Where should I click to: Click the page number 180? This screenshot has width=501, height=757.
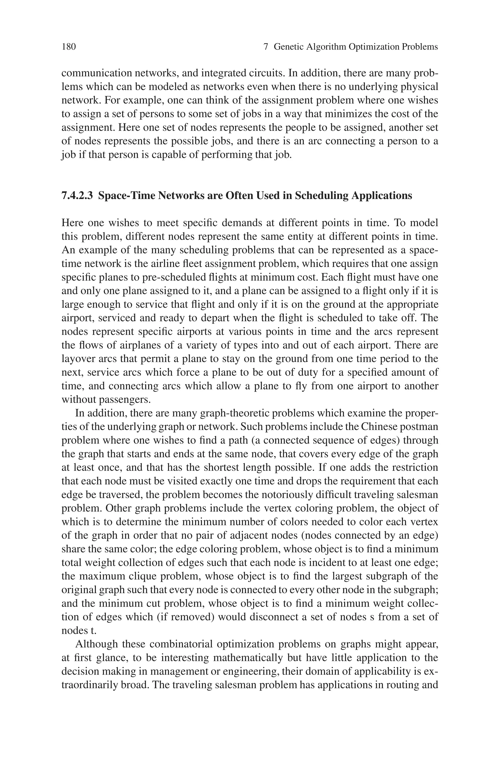pos(69,47)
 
